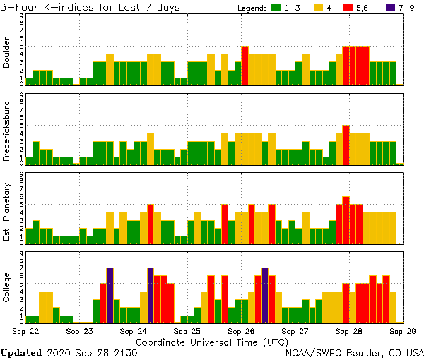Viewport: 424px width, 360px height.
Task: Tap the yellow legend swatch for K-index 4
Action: [x=320, y=8]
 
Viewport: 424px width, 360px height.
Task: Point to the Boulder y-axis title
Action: [x=7, y=54]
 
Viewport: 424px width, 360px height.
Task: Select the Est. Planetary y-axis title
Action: [x=7, y=212]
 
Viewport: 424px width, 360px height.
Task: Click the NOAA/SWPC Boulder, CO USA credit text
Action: [x=354, y=352]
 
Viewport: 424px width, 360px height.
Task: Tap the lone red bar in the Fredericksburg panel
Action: [x=346, y=145]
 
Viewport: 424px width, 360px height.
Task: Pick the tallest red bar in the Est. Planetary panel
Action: [x=346, y=220]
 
